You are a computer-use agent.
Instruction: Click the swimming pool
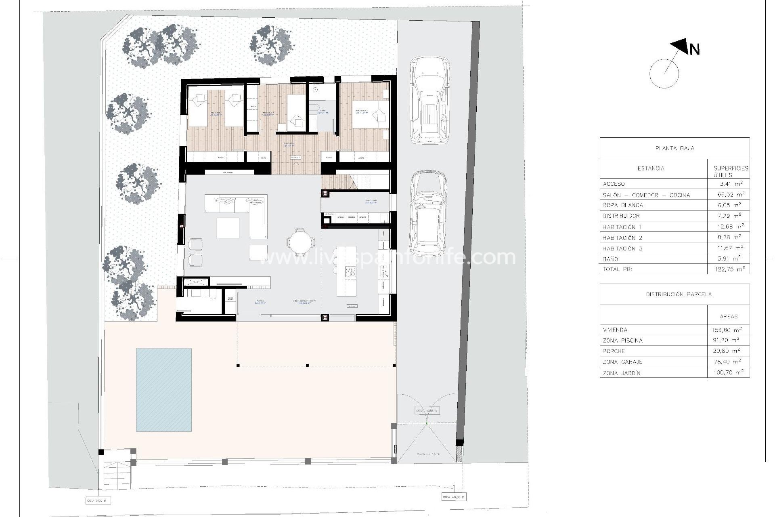click(163, 390)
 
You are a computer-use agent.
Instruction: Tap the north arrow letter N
click(694, 50)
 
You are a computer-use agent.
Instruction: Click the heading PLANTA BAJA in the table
click(674, 148)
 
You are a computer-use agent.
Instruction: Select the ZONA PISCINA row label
click(622, 340)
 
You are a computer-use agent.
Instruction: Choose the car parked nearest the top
click(429, 100)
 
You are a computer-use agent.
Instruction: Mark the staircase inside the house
click(355, 181)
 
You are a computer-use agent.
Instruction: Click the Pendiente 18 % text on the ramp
click(428, 454)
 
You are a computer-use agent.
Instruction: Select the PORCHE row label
click(614, 351)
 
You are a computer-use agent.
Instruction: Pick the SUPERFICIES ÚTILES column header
click(731, 171)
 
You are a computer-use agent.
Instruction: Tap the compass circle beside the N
click(664, 74)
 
